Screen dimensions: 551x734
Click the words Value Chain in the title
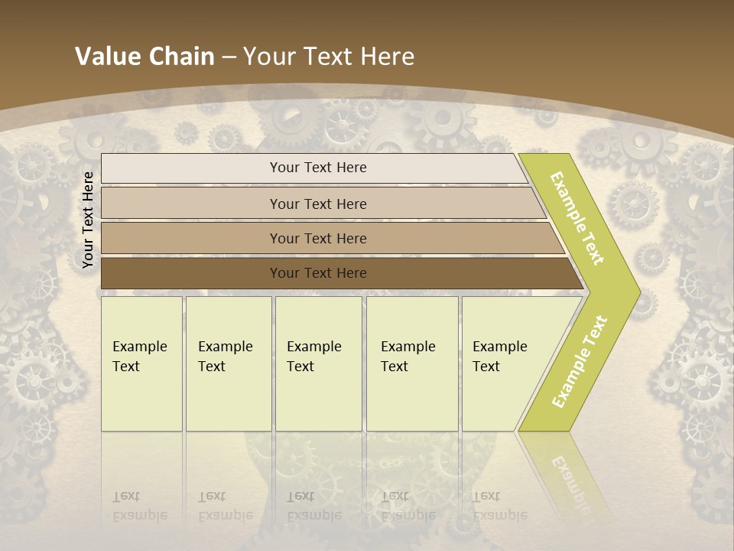click(x=145, y=57)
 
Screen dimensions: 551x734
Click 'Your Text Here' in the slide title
click(x=329, y=57)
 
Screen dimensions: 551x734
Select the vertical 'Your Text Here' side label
click(x=88, y=220)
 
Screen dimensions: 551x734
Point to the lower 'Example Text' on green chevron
click(x=579, y=361)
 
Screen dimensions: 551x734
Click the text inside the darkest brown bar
click(x=318, y=273)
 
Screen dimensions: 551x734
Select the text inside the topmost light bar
click(x=318, y=168)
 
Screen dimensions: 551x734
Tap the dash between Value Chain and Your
click(x=229, y=57)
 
